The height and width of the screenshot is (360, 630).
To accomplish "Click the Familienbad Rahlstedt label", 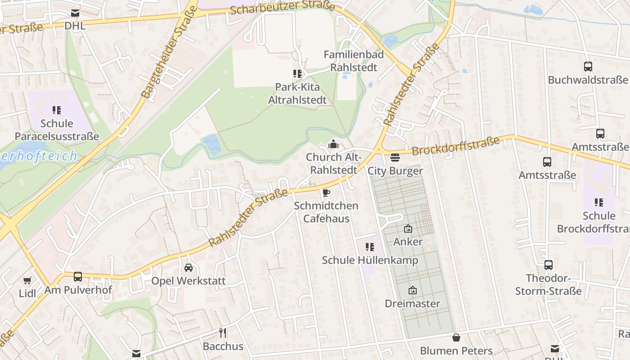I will click(x=354, y=61).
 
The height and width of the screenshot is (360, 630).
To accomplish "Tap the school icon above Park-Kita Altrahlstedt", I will click(x=297, y=73).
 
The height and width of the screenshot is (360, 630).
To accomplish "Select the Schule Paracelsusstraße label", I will click(x=57, y=130).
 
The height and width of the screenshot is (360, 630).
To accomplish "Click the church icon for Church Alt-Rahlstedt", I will click(x=333, y=144).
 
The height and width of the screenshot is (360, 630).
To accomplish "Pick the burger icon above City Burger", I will click(x=395, y=157).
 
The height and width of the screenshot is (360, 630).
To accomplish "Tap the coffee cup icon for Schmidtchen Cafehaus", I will click(x=326, y=193).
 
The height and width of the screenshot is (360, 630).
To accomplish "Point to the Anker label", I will click(x=408, y=242).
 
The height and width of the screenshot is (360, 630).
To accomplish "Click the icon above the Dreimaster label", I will click(x=412, y=290).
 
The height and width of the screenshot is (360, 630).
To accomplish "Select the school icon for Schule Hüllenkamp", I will click(x=370, y=247).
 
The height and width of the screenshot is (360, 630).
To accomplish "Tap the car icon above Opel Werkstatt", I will click(x=189, y=268).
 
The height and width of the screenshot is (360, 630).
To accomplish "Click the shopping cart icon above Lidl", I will click(x=27, y=281).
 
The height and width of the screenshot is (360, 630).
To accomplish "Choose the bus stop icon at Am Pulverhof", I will click(x=78, y=276).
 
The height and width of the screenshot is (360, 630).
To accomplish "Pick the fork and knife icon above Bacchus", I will click(x=223, y=333).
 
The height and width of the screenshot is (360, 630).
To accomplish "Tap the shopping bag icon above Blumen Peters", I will click(x=456, y=337).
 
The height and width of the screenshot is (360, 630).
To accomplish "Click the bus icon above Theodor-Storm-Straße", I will click(x=548, y=265).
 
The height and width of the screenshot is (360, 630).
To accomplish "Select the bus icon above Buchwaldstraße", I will click(x=588, y=67).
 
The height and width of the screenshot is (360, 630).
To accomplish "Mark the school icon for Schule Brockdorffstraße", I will click(x=598, y=202).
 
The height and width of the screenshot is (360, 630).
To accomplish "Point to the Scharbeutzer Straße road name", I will click(x=282, y=7).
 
